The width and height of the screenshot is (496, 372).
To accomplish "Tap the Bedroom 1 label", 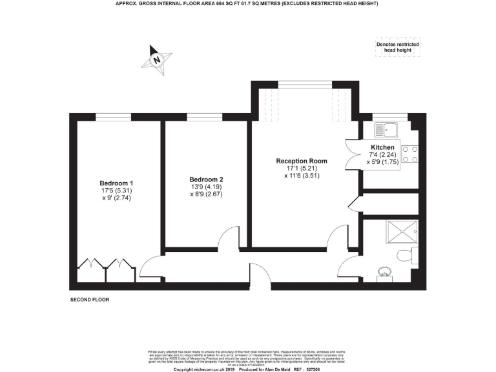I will (116, 183).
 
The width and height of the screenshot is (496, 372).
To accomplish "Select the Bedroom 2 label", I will (207, 180).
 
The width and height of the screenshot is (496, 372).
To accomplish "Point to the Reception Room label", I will (301, 161).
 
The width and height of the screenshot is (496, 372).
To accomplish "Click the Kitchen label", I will (382, 148).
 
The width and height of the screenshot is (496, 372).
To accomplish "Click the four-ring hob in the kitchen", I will (409, 154).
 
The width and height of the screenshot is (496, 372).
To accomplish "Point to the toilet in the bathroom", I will (407, 255).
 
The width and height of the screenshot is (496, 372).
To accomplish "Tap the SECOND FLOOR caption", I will (90, 300).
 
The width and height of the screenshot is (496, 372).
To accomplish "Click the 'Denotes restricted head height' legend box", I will (397, 46).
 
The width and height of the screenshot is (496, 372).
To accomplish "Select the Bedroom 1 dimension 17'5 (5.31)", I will (116, 191).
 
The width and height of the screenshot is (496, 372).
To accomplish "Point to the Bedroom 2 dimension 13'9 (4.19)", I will (207, 187).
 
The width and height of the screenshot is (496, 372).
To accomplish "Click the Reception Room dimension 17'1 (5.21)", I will (301, 169).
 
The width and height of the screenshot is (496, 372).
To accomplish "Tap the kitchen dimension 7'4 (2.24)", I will (382, 155).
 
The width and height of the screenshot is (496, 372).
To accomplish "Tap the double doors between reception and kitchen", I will (353, 157).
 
